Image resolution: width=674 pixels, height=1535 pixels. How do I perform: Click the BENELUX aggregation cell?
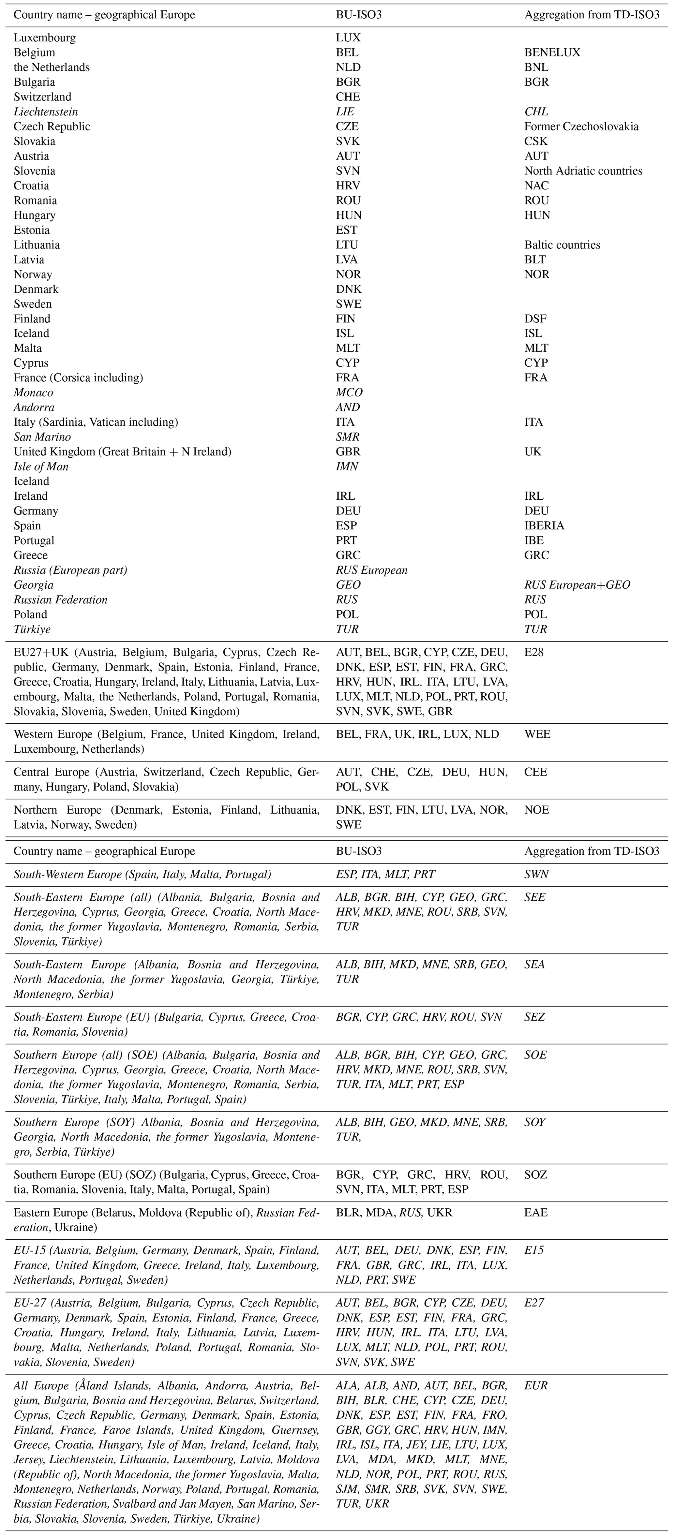552,52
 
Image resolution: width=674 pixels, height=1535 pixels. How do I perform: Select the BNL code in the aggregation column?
536,67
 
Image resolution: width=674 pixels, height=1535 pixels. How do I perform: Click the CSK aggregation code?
536,141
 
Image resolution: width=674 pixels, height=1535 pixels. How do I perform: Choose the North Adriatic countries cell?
583,171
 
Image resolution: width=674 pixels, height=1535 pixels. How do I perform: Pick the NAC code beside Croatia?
536,186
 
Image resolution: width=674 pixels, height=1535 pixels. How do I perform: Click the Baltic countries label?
562,245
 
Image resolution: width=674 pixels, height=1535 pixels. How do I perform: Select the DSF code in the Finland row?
535,319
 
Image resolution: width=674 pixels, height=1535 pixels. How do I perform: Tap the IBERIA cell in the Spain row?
544,525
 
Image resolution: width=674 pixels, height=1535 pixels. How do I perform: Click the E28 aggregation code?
534,653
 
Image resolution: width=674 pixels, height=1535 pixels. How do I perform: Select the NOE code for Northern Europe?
536,810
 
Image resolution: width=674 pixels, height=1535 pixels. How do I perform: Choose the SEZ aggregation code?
534,1017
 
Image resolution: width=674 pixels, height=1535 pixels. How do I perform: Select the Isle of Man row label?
41,466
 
